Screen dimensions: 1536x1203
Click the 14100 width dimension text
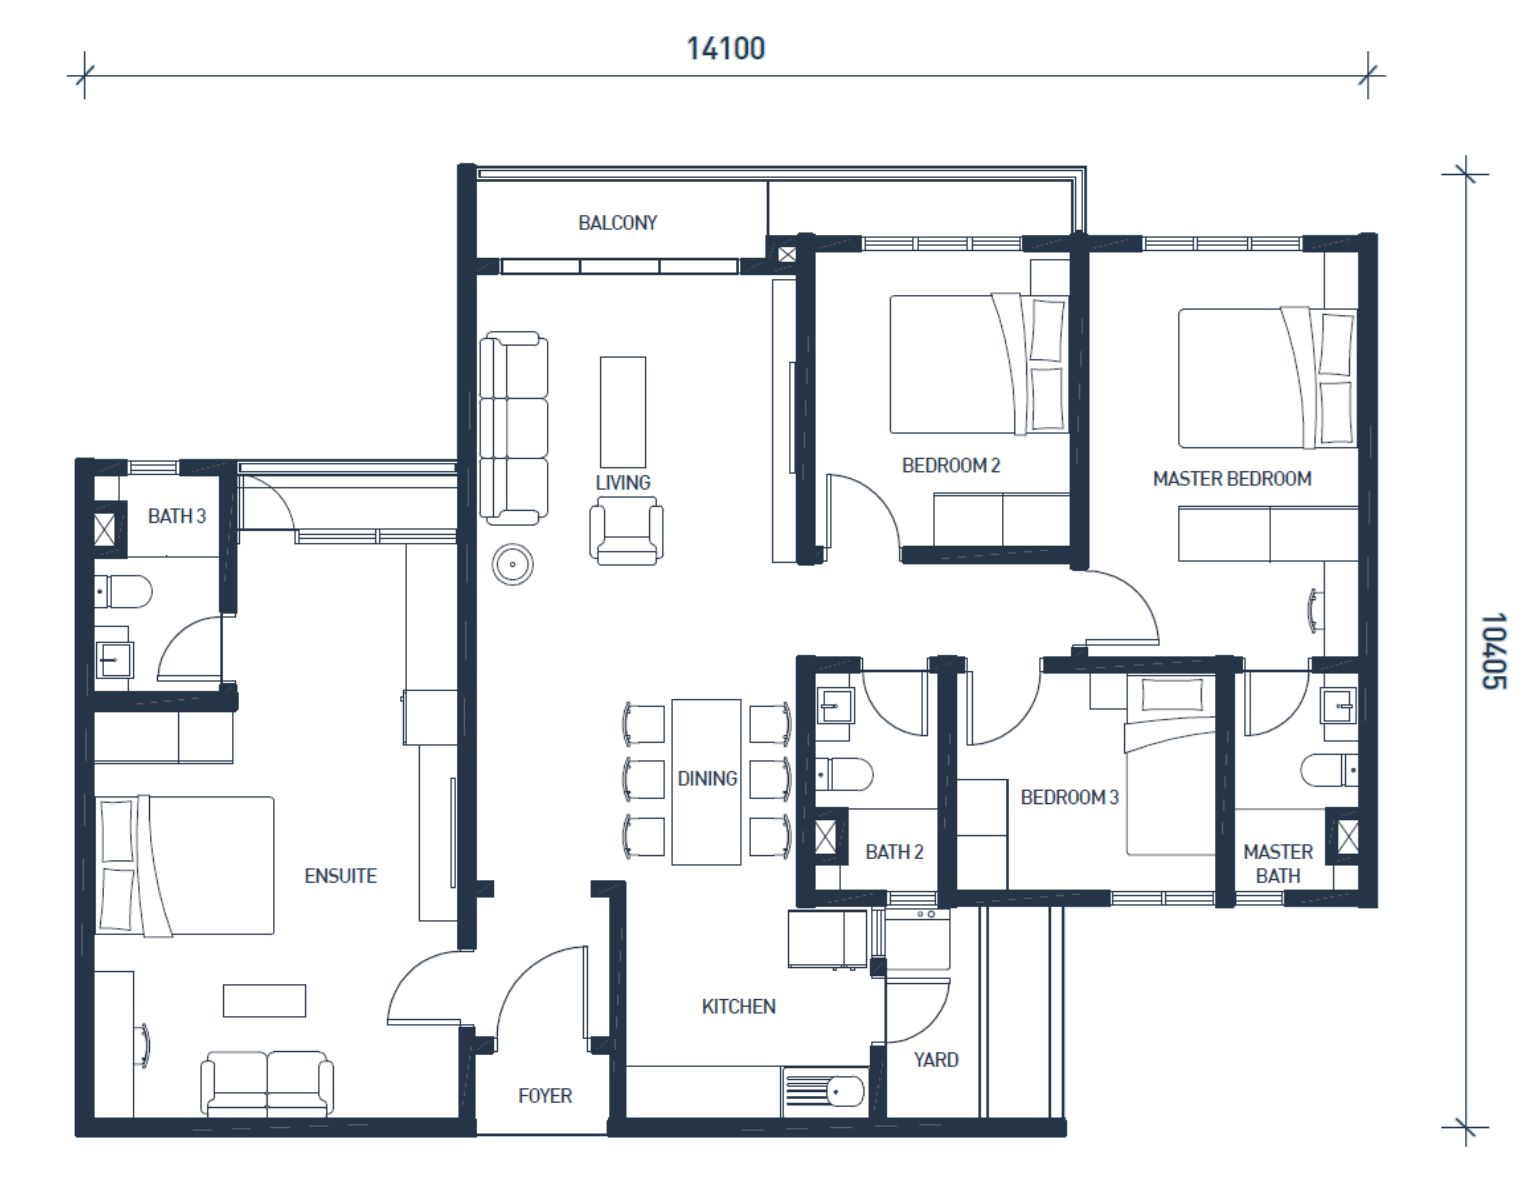[726, 49]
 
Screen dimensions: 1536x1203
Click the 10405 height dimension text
[1494, 650]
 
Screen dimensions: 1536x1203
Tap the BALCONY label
[618, 223]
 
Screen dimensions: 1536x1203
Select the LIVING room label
[623, 483]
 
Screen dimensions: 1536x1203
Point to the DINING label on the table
[707, 778]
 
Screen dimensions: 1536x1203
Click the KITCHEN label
[739, 1007]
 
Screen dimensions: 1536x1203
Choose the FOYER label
[545, 1096]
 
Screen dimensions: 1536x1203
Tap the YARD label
[936, 1060]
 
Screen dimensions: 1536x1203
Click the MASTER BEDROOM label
[1232, 479]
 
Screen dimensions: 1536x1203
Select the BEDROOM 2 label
[951, 465]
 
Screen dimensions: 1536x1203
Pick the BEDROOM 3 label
[1069, 797]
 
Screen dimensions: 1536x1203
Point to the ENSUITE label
[341, 876]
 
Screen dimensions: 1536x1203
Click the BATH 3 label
[177, 516]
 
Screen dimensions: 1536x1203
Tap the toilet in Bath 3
[124, 592]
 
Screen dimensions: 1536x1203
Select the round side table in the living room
[512, 564]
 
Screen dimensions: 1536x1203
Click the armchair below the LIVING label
[626, 530]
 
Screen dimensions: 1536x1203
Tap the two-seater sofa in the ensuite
[267, 1084]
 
